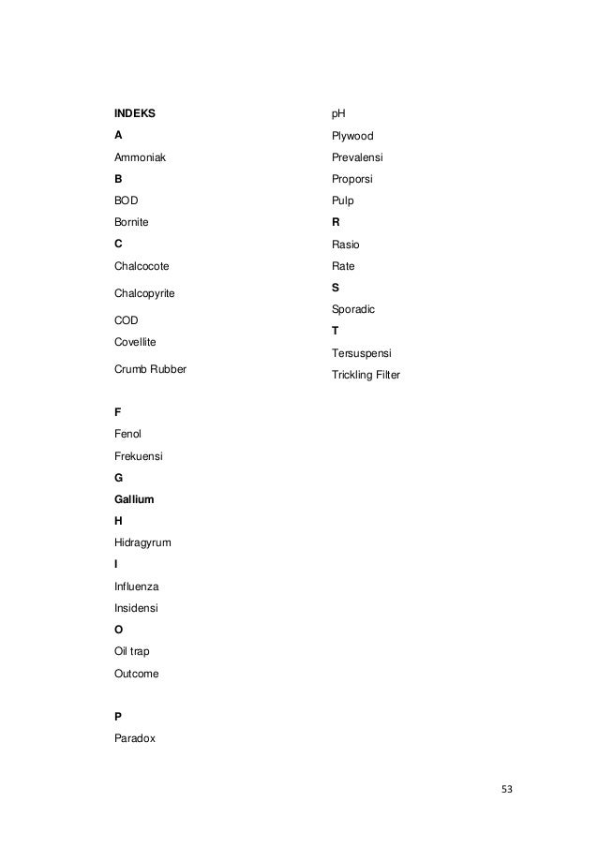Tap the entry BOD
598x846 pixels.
click(x=126, y=200)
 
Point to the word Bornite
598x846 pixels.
click(x=131, y=223)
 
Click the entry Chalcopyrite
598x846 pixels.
click(x=144, y=293)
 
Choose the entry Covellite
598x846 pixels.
click(x=134, y=343)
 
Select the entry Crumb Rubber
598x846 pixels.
click(x=150, y=369)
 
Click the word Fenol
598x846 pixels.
click(x=127, y=434)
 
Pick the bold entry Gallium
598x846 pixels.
click(x=134, y=499)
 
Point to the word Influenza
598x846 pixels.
click(x=136, y=586)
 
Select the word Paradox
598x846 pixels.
click(x=135, y=738)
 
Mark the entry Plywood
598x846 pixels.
click(x=352, y=136)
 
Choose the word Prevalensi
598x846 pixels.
click(x=357, y=157)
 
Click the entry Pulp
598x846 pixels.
click(x=342, y=200)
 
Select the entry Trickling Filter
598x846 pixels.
click(x=366, y=376)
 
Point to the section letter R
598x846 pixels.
click(x=336, y=223)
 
